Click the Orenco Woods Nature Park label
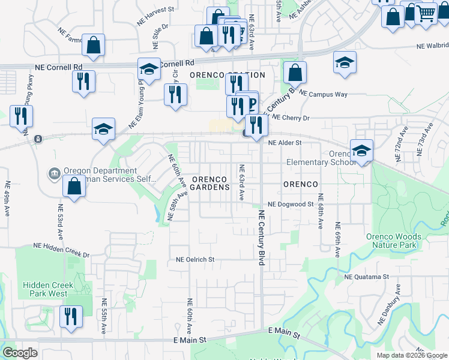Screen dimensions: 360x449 (x=394, y=241)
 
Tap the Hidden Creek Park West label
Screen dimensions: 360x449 (x=48, y=289)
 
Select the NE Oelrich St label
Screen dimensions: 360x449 (x=195, y=260)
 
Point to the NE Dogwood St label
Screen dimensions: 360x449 (x=291, y=204)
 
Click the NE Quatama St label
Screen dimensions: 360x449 (x=367, y=277)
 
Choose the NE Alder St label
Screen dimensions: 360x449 (x=285, y=143)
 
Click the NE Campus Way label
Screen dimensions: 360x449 (x=323, y=95)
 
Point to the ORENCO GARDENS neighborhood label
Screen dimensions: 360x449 (x=210, y=183)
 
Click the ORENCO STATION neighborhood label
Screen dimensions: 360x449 (x=227, y=75)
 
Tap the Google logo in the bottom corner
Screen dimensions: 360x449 (x=20, y=353)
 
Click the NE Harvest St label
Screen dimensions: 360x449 (x=158, y=10)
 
